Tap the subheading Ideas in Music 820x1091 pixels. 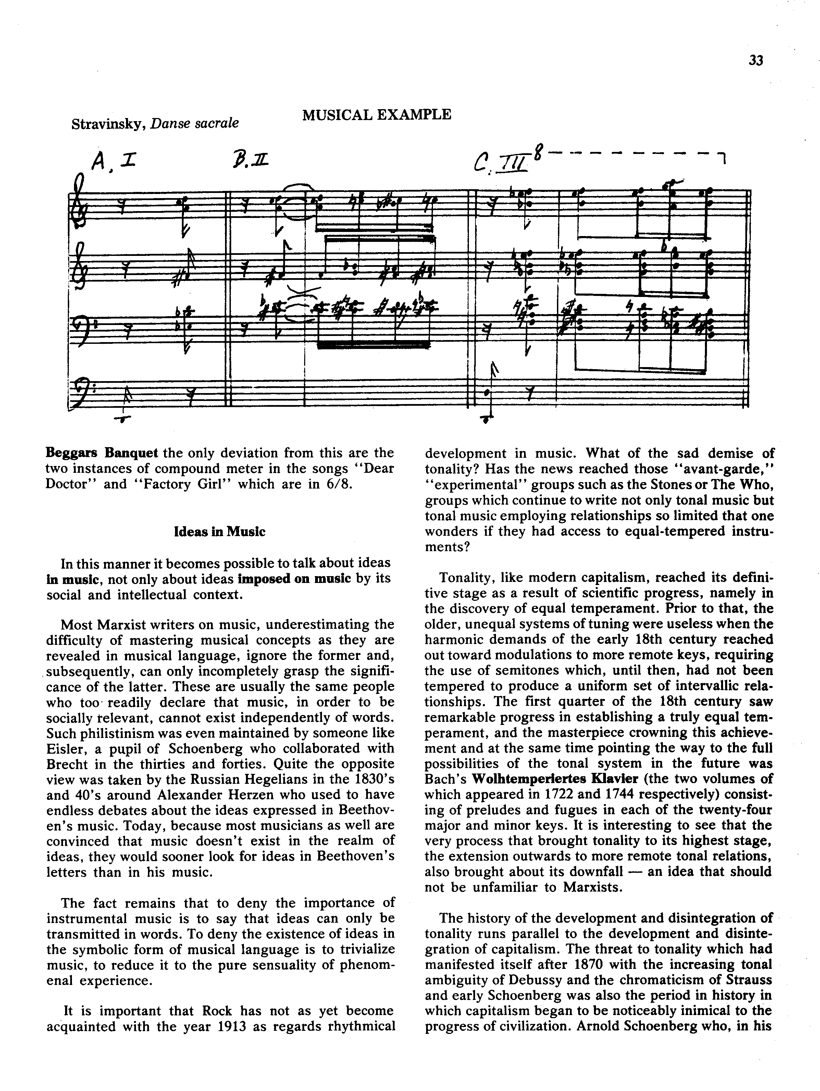[x=220, y=531]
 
